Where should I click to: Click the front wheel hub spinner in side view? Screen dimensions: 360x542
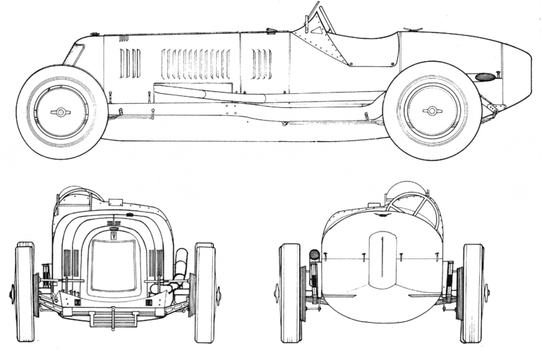pos(60,112)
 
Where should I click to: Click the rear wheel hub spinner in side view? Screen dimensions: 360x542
pos(432,111)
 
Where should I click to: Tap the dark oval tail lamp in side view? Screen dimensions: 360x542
pos(485,76)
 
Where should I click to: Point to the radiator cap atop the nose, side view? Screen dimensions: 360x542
pos(95,33)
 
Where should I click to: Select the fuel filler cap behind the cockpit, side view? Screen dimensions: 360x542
pos(412,30)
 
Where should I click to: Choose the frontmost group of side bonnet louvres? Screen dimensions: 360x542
pos(129,64)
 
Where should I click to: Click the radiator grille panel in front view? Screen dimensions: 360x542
pos(113,265)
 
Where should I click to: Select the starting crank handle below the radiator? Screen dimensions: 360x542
pos(113,311)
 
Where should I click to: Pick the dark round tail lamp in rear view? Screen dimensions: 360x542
pos(315,254)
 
